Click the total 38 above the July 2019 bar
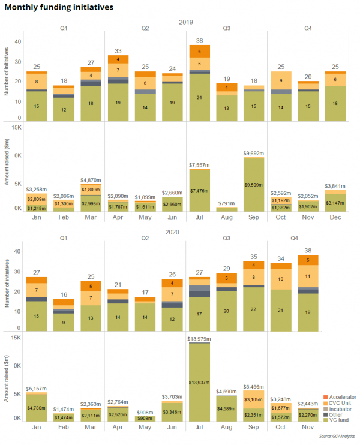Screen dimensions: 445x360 click(200, 41)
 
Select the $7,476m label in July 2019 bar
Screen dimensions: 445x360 click(199, 190)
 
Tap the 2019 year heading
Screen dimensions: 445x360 click(186, 22)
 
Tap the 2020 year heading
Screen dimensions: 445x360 click(186, 231)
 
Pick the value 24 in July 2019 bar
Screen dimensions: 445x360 click(199, 96)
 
